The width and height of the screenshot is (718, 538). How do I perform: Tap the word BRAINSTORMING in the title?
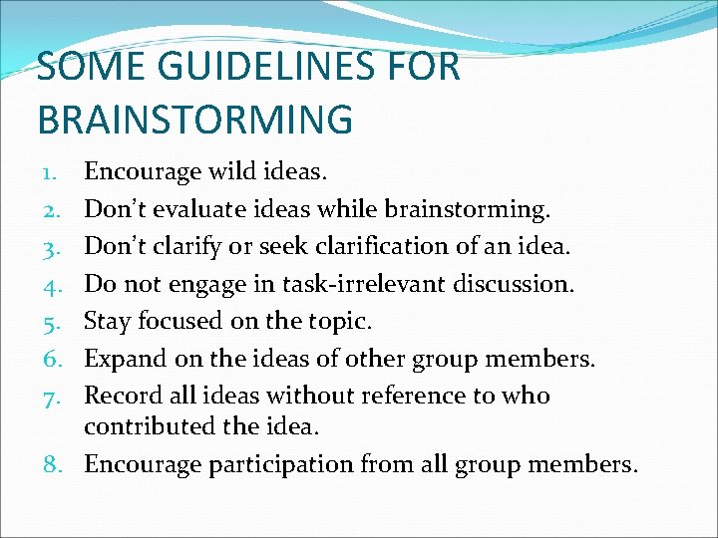tap(195, 118)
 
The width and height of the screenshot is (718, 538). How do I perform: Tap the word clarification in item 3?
tap(405, 246)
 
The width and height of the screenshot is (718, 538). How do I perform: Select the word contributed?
tap(152, 427)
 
